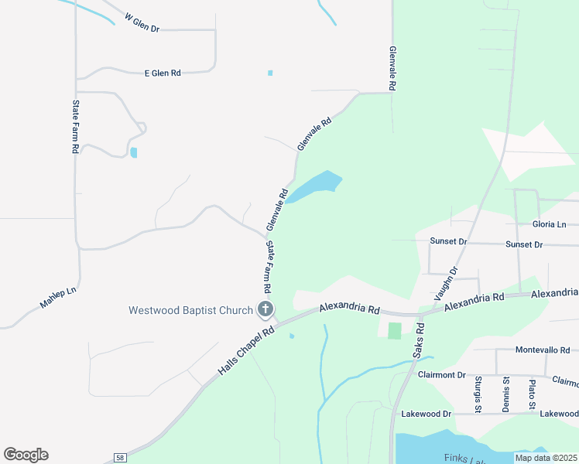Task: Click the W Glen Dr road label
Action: (141, 22)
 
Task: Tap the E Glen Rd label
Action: (163, 73)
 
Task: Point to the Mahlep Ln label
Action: (60, 299)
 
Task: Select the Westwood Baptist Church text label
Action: (190, 310)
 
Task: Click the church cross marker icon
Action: (266, 311)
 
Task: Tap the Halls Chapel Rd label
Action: (247, 352)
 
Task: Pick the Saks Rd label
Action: (419, 339)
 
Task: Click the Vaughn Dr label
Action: (446, 283)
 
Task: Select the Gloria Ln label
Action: (550, 223)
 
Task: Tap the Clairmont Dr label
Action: (441, 374)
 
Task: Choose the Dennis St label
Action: (505, 393)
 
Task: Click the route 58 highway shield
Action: (120, 457)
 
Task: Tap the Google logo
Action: (26, 455)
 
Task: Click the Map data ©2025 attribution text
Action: (546, 458)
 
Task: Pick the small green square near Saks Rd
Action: (394, 330)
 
